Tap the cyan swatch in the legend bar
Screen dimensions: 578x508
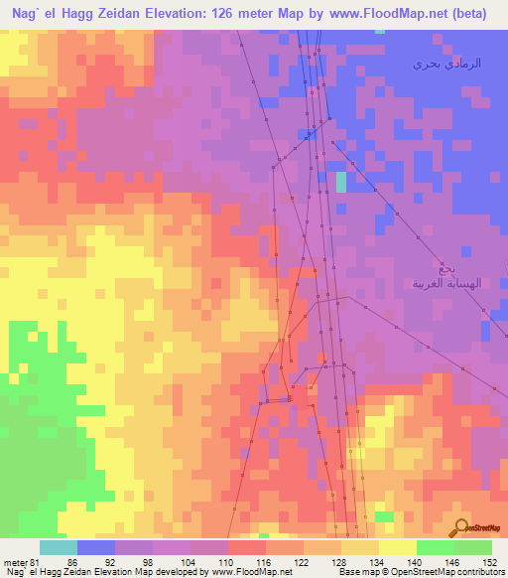click(x=59, y=547)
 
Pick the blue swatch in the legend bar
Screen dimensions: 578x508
click(x=96, y=547)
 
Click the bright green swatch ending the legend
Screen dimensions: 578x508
click(x=473, y=547)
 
